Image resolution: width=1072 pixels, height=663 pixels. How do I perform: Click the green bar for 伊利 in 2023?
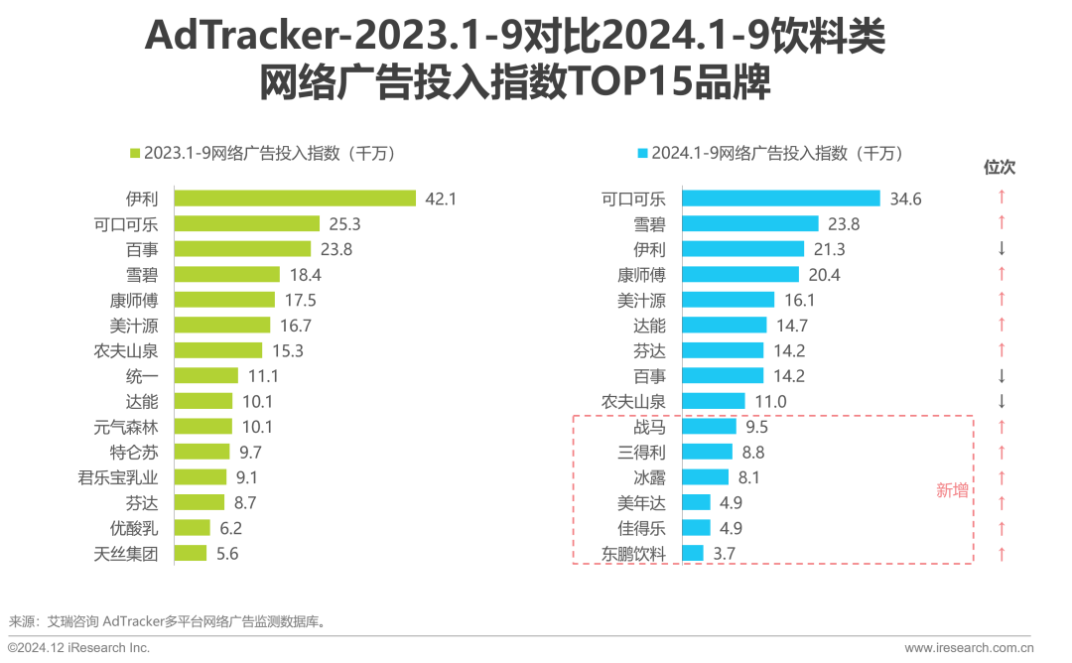(295, 199)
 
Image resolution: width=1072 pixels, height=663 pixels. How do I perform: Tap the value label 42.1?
(440, 199)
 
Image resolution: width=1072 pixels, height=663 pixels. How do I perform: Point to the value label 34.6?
(905, 199)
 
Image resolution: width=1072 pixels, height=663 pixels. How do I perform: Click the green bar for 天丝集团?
(191, 554)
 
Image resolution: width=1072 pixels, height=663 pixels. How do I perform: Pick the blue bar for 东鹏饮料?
(694, 554)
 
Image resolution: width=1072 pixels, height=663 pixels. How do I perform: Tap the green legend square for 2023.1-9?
(137, 154)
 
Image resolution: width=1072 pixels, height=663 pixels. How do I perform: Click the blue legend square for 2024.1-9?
(642, 154)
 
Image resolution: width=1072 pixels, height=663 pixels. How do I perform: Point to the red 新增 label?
(953, 490)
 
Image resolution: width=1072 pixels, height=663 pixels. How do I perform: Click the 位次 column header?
(1000, 168)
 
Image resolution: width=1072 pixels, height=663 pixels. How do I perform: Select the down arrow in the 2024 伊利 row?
(1002, 249)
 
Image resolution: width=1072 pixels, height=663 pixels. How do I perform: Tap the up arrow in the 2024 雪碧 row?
(1002, 223)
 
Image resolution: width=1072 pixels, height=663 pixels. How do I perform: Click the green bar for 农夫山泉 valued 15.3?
(218, 350)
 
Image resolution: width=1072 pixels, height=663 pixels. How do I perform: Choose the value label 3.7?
(723, 554)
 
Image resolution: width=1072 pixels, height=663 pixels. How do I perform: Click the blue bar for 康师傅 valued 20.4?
(741, 274)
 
